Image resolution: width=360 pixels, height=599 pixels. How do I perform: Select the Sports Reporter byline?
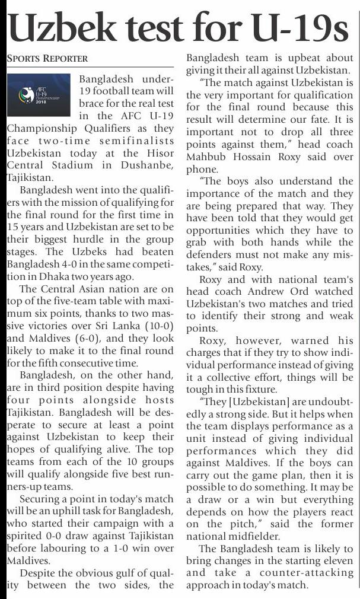[x=47, y=58]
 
